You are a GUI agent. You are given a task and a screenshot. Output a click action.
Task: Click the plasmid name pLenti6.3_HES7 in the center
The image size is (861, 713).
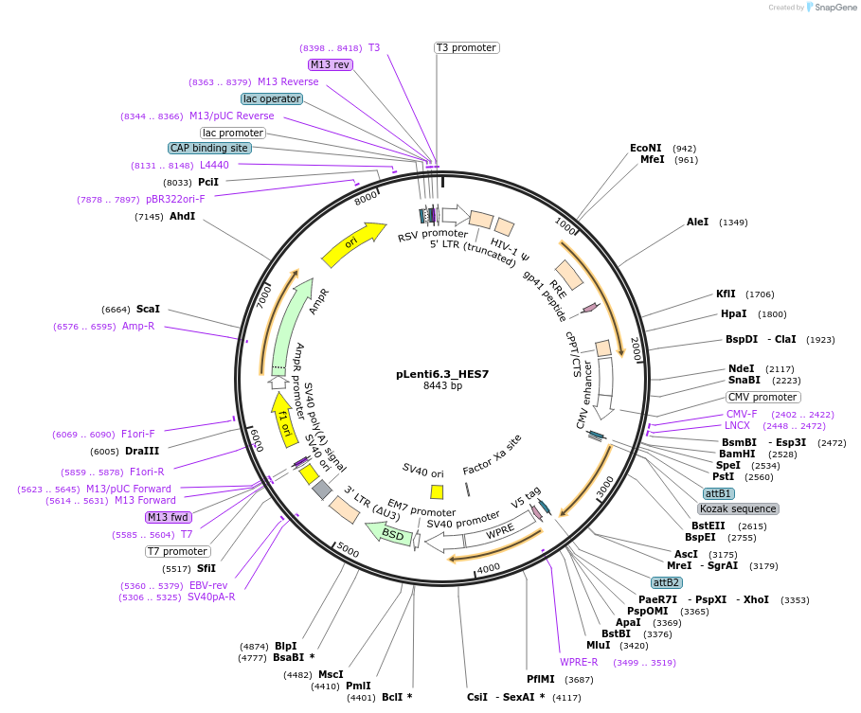click(x=442, y=373)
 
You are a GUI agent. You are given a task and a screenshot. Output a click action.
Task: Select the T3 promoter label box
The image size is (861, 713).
click(x=466, y=47)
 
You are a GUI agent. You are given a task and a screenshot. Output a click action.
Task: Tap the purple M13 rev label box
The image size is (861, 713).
click(x=331, y=64)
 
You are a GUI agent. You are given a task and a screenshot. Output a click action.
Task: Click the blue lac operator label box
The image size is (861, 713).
click(x=272, y=98)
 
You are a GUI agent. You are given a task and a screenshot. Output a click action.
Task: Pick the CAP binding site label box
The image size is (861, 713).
click(x=209, y=148)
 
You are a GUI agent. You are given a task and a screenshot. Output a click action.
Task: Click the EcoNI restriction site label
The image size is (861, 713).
click(x=646, y=149)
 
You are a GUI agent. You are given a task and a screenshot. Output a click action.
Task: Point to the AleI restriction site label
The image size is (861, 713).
click(x=698, y=223)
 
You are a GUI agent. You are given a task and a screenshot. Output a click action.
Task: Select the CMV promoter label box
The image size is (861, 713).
click(x=762, y=397)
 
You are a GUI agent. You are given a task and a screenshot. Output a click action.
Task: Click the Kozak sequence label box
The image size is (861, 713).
click(x=738, y=508)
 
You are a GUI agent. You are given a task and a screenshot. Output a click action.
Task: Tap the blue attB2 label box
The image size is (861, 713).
click(x=667, y=582)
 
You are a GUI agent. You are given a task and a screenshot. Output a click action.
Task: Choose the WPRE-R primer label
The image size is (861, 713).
click(x=579, y=663)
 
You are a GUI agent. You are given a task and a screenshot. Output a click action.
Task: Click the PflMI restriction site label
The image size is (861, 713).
click(x=541, y=680)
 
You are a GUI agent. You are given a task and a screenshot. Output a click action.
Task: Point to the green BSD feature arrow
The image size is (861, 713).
click(x=391, y=535)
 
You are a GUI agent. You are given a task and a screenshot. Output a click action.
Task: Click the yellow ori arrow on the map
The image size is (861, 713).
click(x=352, y=244)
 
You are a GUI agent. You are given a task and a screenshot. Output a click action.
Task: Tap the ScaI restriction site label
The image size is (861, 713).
click(x=148, y=309)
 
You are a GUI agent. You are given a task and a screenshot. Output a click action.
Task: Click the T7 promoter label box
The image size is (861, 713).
click(x=178, y=551)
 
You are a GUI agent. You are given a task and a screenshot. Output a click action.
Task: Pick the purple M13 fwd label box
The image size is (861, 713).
click(x=169, y=517)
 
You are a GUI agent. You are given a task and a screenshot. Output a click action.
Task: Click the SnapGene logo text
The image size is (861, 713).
click(x=835, y=8)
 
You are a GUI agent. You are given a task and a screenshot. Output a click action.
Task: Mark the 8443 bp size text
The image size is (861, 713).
click(x=442, y=386)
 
